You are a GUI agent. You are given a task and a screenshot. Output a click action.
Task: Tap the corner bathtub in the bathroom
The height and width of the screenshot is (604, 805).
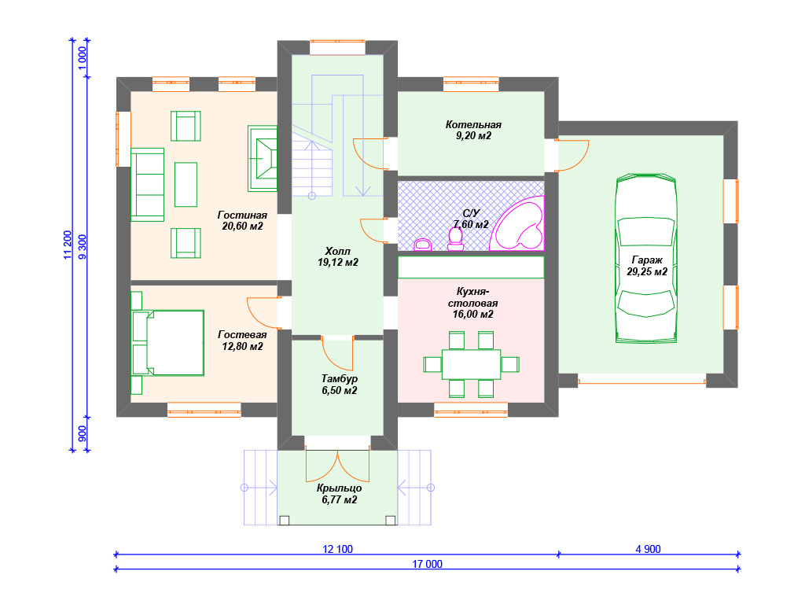pos(517,223)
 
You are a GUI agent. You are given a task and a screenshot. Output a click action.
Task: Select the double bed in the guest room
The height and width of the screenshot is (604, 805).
pos(168,343)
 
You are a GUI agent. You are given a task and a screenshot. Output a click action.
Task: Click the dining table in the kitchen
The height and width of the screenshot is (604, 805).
pos(472,364)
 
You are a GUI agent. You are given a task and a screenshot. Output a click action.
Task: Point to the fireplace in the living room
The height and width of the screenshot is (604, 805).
pos(263,158)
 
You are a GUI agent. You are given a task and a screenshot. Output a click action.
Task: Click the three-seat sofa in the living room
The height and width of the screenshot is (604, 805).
pos(147,185)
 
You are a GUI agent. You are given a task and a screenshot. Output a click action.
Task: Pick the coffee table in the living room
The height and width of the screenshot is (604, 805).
pos(186,184)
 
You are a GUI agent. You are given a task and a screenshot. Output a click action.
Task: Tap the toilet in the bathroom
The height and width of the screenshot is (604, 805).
pos(455,239)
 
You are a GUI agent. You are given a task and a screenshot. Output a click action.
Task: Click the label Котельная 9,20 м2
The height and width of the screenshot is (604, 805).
pos(473,130)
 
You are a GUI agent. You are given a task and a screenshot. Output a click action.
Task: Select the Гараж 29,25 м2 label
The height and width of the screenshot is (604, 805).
pos(647,266)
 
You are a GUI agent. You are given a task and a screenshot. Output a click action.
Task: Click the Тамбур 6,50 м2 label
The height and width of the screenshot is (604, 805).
pos(340,385)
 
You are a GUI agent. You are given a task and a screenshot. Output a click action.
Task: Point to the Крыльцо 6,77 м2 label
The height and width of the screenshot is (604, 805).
pos(340,494)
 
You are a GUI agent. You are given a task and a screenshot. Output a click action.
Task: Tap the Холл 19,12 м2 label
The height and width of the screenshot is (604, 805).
pos(338,257)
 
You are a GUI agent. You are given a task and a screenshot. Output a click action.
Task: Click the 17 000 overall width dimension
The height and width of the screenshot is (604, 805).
pos(427,564)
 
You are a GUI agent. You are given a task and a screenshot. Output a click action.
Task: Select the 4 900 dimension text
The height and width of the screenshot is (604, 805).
pos(648,549)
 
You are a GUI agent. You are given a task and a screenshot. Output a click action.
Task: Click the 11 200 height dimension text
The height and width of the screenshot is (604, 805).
pos(68,245)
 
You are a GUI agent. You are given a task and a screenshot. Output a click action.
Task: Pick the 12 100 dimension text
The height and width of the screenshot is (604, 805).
pos(337,549)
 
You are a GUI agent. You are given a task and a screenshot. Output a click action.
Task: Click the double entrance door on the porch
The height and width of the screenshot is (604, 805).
pos(337,466)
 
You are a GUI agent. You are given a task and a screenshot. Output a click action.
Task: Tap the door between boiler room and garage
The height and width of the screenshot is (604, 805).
pos(572,155)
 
